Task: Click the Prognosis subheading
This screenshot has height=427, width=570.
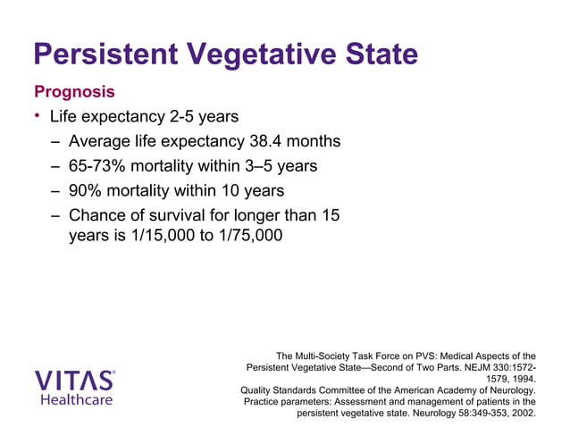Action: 74,92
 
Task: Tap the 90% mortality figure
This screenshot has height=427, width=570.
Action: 88,191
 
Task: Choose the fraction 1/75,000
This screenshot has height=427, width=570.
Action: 245,239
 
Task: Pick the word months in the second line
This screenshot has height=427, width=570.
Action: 314,141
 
